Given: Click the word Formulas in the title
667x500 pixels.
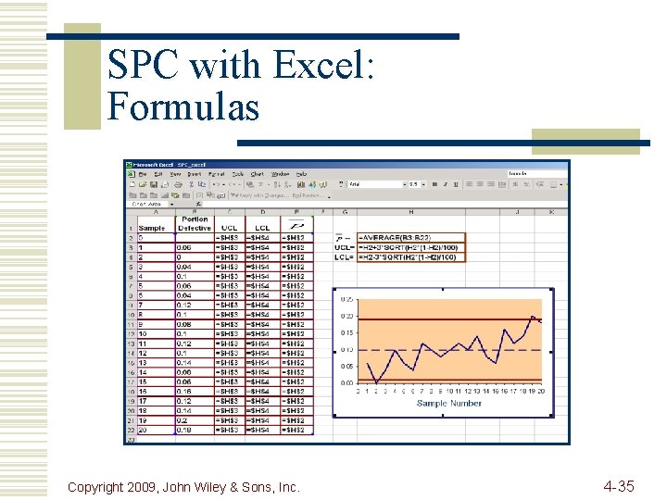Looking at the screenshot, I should (x=183, y=106).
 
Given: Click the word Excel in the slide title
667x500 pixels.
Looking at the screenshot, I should (x=322, y=66).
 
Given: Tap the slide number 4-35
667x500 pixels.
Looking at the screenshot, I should (x=618, y=485).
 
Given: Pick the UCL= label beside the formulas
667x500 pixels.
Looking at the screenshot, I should (x=345, y=247).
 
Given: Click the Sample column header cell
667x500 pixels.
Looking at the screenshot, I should (x=152, y=228).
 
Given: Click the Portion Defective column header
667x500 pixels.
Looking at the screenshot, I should (x=195, y=223).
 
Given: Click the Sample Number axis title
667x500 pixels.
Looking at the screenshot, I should (x=449, y=404).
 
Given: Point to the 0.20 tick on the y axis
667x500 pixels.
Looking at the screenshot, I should (x=346, y=316).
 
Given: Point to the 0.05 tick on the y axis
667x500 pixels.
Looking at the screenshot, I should (x=346, y=366).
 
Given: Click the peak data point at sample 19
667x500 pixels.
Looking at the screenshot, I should (x=532, y=317).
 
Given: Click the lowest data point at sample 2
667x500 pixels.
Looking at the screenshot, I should (x=377, y=382).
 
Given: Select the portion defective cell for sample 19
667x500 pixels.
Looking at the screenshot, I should (x=195, y=419).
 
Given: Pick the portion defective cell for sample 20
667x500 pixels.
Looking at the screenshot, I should (x=195, y=429).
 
